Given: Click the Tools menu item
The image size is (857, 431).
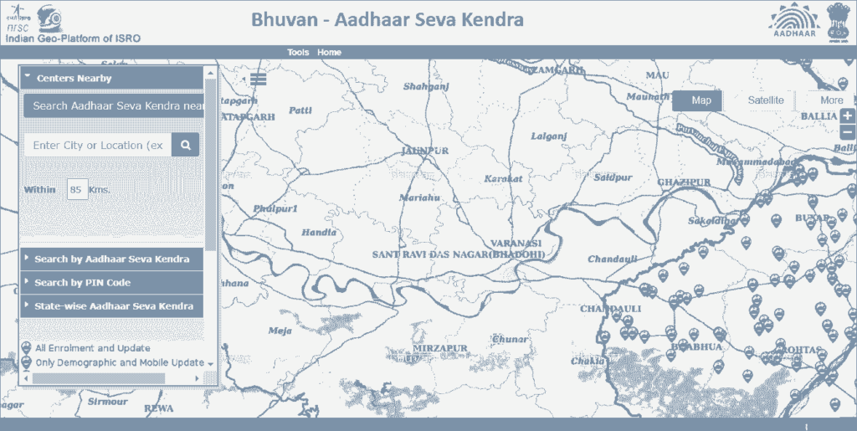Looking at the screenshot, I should pyautogui.click(x=298, y=52).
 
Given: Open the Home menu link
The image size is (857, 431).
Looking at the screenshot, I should pyautogui.click(x=329, y=52).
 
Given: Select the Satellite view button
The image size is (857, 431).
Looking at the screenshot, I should pyautogui.click(x=765, y=100).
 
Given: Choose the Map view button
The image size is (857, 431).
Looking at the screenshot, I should pyautogui.click(x=700, y=100).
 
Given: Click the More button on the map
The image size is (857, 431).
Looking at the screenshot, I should pyautogui.click(x=831, y=100).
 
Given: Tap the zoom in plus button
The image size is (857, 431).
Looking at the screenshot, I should pyautogui.click(x=848, y=116).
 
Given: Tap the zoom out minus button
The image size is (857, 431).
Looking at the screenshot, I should pyautogui.click(x=848, y=131).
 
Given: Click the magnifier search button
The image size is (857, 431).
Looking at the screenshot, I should pyautogui.click(x=185, y=145).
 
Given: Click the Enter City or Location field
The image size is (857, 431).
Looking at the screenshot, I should pyautogui.click(x=98, y=145).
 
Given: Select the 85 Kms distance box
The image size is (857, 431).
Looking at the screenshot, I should pyautogui.click(x=76, y=190).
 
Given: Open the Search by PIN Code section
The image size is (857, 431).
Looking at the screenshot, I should pyautogui.click(x=111, y=283).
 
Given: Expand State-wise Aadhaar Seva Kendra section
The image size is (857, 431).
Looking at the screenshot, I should pyautogui.click(x=111, y=306).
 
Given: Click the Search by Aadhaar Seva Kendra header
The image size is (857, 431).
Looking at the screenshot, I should pyautogui.click(x=111, y=259).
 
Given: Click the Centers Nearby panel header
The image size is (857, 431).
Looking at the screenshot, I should pyautogui.click(x=111, y=78).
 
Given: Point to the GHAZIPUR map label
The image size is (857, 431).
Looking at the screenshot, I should pyautogui.click(x=684, y=182).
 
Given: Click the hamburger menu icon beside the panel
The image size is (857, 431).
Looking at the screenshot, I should pyautogui.click(x=258, y=79).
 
